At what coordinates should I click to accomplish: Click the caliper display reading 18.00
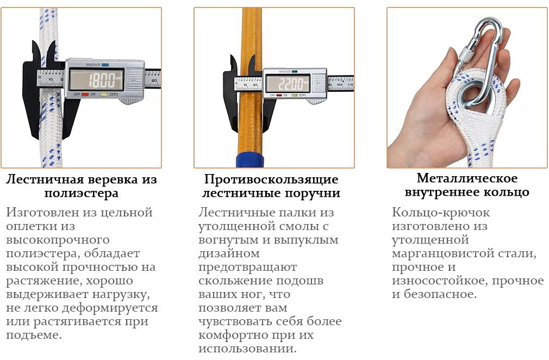click(x=96, y=79)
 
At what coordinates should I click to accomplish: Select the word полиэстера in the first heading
click(x=81, y=193)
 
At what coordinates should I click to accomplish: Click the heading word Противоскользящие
click(x=271, y=179)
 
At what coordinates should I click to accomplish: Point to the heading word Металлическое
click(x=467, y=178)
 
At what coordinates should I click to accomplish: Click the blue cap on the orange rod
click(x=249, y=160)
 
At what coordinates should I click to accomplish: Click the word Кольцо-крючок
click(x=441, y=212)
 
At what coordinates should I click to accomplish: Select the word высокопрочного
click(x=58, y=239)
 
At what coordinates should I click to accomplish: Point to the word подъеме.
click(x=34, y=335)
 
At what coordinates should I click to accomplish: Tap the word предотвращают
click(x=247, y=267)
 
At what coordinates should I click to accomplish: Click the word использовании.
click(x=247, y=349)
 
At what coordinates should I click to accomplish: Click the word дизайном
click(x=229, y=253)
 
